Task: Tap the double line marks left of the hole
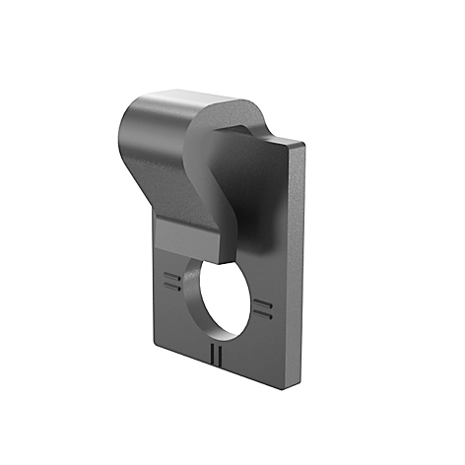tap(172, 283)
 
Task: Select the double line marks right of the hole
tap(261, 308)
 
